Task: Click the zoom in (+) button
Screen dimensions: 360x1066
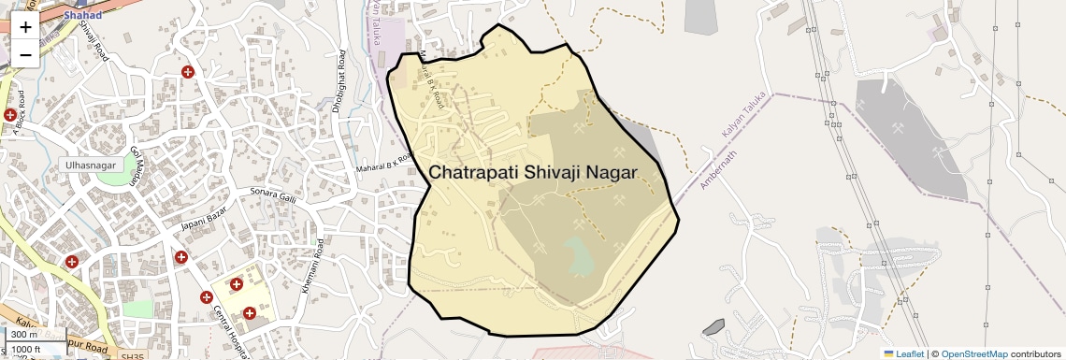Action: point(25,26)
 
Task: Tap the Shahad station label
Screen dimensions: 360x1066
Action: point(82,14)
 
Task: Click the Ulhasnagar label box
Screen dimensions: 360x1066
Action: point(90,165)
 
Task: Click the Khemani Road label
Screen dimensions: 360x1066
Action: point(312,266)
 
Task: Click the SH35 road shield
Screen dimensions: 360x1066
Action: point(134,356)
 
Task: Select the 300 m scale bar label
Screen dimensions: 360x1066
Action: point(25,335)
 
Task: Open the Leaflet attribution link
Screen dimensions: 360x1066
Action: point(903,353)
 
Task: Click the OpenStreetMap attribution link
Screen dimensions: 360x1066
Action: point(974,353)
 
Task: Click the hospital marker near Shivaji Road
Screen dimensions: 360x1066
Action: point(188,72)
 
